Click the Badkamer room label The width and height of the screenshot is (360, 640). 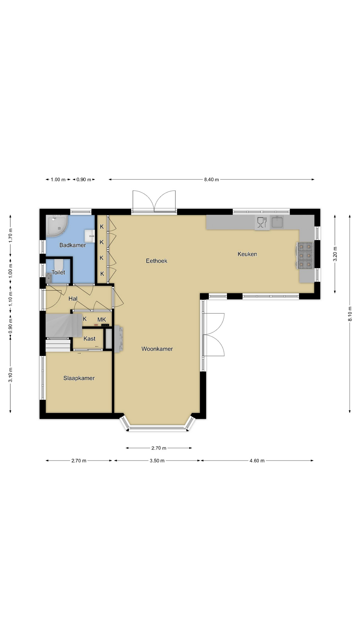(x=72, y=245)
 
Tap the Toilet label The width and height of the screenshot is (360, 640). (x=58, y=272)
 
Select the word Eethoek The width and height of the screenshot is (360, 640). (x=156, y=261)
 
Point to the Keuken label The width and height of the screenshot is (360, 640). (x=247, y=254)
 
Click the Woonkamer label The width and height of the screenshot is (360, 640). (x=157, y=349)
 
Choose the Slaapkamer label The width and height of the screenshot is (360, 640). (x=79, y=378)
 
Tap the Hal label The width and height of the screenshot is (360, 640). (x=73, y=299)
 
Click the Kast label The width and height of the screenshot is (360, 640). (x=89, y=339)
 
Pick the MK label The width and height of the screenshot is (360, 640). (x=102, y=320)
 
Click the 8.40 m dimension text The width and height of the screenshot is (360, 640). (x=212, y=180)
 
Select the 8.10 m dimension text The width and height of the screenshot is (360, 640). (x=350, y=314)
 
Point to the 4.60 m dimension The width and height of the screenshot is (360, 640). (x=257, y=461)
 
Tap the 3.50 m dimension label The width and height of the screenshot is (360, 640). (x=157, y=461)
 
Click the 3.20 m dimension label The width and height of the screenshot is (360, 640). (x=335, y=254)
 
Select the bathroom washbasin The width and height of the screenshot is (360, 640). (x=90, y=236)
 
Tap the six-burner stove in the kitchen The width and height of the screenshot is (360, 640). (x=305, y=256)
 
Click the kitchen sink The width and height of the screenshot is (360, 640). (x=277, y=222)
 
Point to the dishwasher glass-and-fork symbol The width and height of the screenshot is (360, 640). (x=262, y=222)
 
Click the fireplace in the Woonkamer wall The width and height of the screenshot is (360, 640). (x=119, y=339)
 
